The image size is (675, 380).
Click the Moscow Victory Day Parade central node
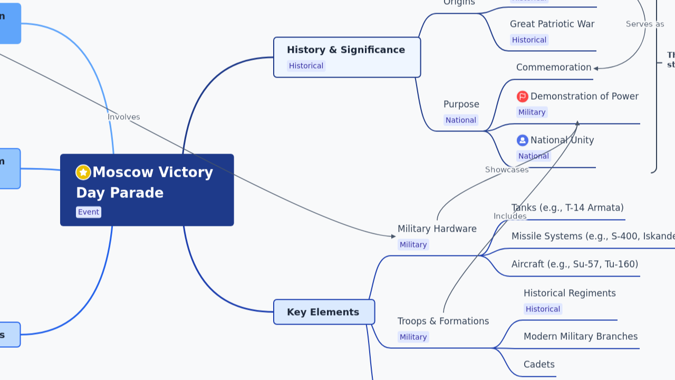pyautogui.click(x=147, y=190)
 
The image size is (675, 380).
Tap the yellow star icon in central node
pyautogui.click(x=83, y=173)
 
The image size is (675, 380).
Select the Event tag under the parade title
pyautogui.click(x=89, y=212)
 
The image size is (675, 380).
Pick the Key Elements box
pyautogui.click(x=324, y=312)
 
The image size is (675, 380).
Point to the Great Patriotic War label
pyautogui.click(x=552, y=24)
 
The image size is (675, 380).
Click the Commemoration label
pyautogui.click(x=553, y=68)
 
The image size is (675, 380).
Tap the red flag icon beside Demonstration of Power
pyautogui.click(x=523, y=97)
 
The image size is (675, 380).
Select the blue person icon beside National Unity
pyautogui.click(x=523, y=140)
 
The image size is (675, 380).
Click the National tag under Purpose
pyautogui.click(x=460, y=120)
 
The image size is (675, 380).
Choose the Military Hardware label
pyautogui.click(x=437, y=229)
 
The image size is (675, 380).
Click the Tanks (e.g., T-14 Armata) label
pyautogui.click(x=567, y=208)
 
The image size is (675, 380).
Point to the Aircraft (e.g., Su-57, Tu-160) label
pyautogui.click(x=574, y=264)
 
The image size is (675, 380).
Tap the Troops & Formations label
pyautogui.click(x=443, y=321)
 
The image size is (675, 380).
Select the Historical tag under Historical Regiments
pyautogui.click(x=543, y=309)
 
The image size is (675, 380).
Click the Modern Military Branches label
pyautogui.click(x=580, y=337)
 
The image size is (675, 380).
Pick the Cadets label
pyautogui.click(x=539, y=365)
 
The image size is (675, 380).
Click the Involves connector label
pyautogui.click(x=124, y=117)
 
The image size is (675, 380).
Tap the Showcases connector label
pyautogui.click(x=507, y=170)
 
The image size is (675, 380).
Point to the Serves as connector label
pyautogui.click(x=644, y=24)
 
